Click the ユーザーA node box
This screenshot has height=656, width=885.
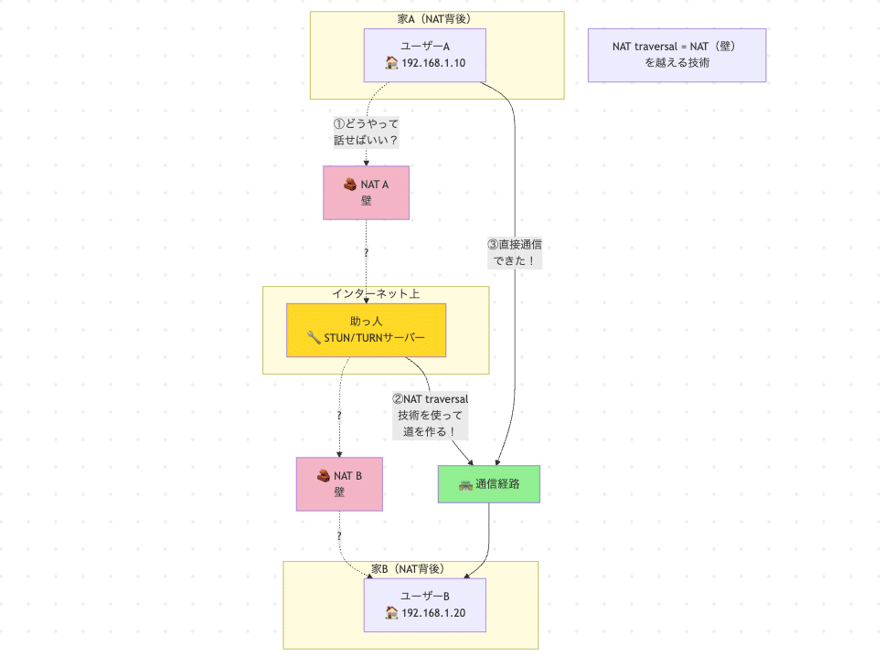(423, 54)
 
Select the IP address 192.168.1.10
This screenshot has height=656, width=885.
(433, 63)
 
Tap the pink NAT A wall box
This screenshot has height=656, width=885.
(366, 192)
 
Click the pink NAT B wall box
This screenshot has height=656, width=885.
(339, 483)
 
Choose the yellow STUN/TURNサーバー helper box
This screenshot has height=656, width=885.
(366, 330)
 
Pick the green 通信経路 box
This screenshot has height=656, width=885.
(489, 483)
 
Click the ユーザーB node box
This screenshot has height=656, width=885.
(424, 604)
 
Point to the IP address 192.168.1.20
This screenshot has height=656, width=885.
(433, 613)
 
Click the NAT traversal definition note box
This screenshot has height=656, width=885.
(677, 55)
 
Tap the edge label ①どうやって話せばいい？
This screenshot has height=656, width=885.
(366, 132)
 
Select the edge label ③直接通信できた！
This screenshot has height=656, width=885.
(520, 252)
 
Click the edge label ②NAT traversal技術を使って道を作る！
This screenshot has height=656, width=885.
(430, 415)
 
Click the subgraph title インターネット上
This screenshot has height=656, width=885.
(376, 293)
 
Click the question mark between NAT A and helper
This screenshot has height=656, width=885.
(366, 252)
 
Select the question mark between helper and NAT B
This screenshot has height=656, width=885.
(339, 415)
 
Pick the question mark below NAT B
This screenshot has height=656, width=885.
(339, 535)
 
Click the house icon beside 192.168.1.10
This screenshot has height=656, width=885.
(391, 63)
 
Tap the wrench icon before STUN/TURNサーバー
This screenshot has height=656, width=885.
(314, 338)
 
